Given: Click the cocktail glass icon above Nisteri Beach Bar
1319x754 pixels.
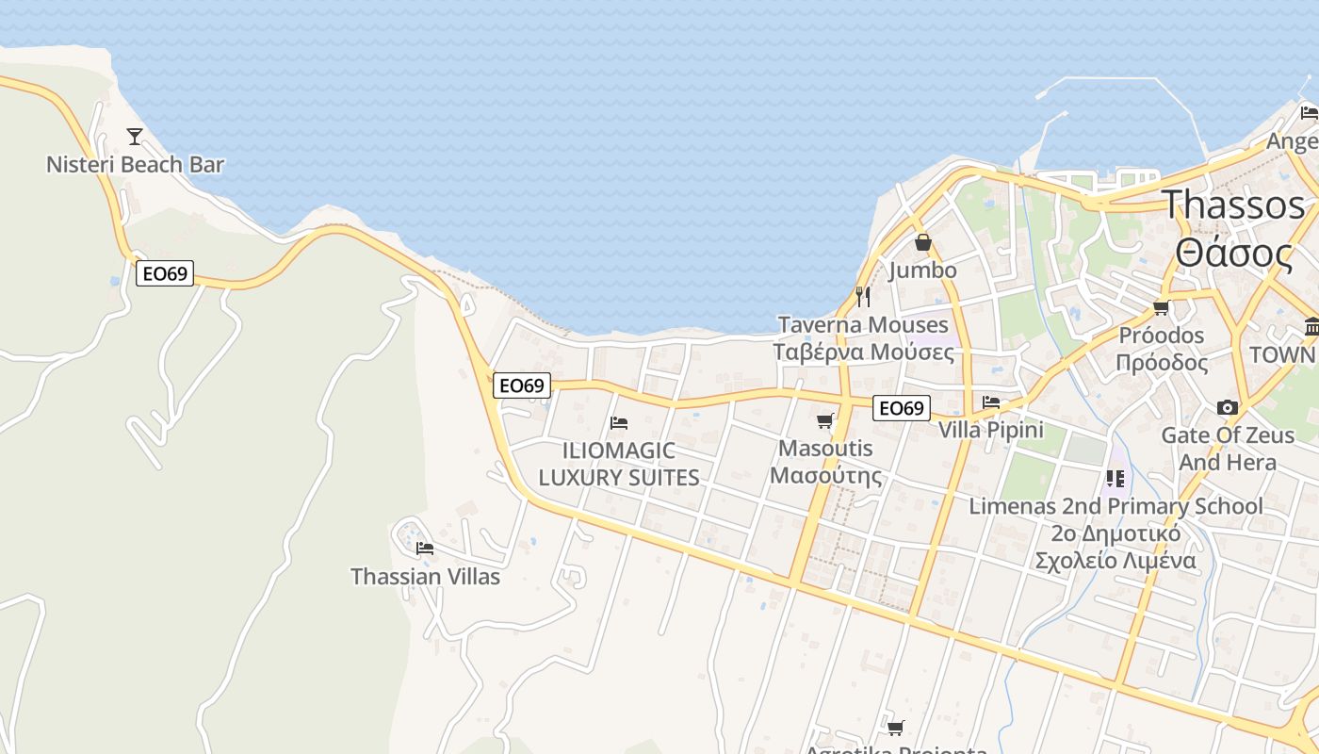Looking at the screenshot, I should click(135, 137).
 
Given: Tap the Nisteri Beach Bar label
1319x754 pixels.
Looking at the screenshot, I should click(135, 165).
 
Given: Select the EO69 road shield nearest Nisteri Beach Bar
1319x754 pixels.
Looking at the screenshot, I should click(165, 274).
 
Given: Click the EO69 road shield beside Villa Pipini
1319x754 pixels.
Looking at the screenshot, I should click(901, 408).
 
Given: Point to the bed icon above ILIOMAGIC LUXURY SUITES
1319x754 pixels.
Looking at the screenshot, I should click(619, 423).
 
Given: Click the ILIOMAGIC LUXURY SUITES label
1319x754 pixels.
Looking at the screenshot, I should click(619, 464).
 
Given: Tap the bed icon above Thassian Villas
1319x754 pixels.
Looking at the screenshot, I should click(425, 549).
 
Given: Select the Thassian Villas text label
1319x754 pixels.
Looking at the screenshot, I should click(425, 576).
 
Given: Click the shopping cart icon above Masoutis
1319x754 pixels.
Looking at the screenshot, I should click(825, 420).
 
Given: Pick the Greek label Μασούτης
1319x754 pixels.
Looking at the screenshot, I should click(825, 475).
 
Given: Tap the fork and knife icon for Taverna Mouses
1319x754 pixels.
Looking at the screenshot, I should click(863, 297).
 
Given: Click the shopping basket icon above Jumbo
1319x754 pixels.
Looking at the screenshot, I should click(922, 243).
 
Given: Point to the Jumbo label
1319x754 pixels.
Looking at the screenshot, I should click(922, 270).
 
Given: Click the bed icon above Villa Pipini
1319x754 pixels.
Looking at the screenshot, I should click(991, 402).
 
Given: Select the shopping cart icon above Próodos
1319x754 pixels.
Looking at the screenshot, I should click(1162, 308).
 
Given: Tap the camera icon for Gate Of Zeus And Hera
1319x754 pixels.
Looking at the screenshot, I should click(1227, 408).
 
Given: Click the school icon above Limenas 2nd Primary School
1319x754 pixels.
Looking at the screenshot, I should click(1115, 479).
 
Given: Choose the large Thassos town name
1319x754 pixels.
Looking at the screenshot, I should click(1233, 205).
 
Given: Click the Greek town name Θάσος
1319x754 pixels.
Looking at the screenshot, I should click(1233, 253).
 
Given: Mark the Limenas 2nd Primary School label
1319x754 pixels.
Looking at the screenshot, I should click(1115, 506).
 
